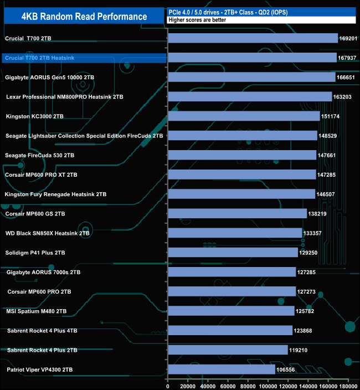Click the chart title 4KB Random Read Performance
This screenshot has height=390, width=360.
(x=76, y=16)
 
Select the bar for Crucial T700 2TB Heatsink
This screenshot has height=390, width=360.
(x=252, y=58)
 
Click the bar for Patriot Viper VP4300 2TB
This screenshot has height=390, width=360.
(x=222, y=369)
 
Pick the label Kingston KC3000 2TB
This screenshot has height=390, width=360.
(x=34, y=116)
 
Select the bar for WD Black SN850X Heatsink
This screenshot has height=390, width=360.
(x=235, y=233)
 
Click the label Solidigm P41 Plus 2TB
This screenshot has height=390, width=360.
(x=36, y=253)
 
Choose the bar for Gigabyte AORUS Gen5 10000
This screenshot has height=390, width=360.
(x=251, y=77)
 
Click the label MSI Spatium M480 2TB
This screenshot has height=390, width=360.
(x=37, y=311)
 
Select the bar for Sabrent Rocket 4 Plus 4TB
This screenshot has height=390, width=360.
(x=230, y=330)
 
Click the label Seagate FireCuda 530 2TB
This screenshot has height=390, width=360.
(x=39, y=155)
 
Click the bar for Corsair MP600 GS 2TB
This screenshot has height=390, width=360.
(x=237, y=213)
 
